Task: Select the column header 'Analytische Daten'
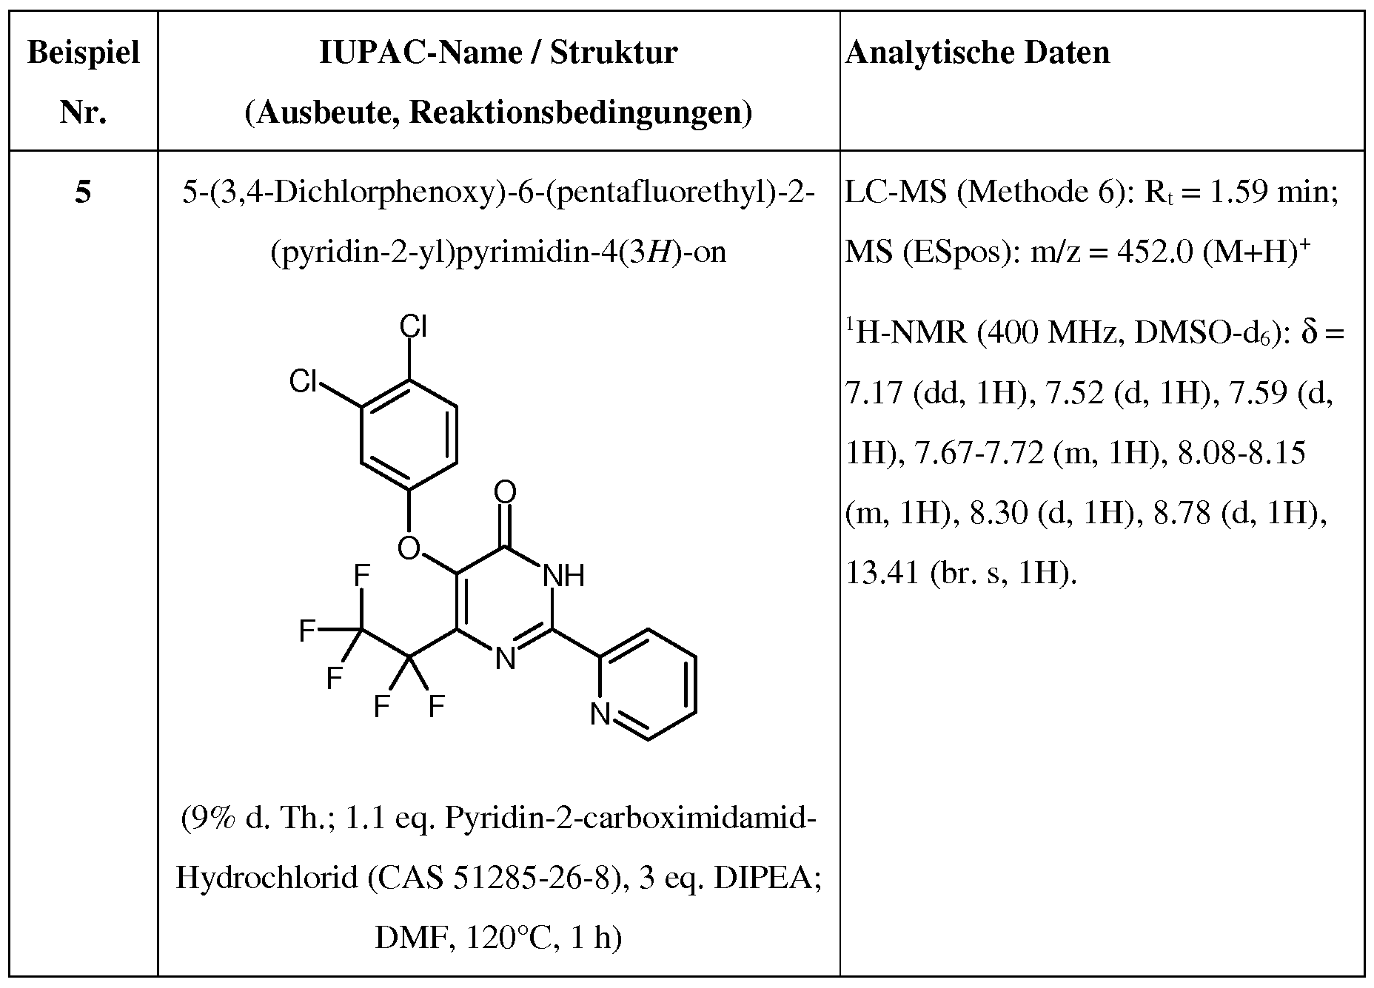coord(977,53)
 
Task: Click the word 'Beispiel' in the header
coord(84,54)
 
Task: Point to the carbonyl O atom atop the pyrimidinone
coord(505,492)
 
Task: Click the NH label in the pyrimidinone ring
coord(563,575)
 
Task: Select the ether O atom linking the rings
coord(409,548)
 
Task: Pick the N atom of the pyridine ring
coord(600,715)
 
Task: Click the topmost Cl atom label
coord(413,326)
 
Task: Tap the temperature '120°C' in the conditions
coord(503,938)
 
